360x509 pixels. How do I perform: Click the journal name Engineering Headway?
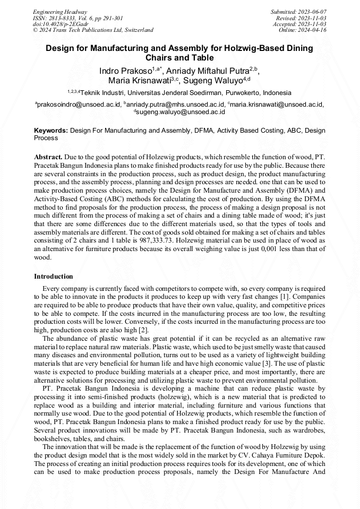pyautogui.click(x=60, y=12)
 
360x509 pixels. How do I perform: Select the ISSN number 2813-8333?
pyautogui.click(x=73, y=18)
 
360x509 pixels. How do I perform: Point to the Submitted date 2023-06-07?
pyautogui.click(x=312, y=12)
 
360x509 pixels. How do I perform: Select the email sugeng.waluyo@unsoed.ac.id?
pyautogui.click(x=181, y=112)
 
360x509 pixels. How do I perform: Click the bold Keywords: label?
pyautogui.click(x=51, y=130)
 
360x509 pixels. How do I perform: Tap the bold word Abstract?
pyautogui.click(x=48, y=158)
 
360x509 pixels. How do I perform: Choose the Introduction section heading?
pyautogui.click(x=53, y=277)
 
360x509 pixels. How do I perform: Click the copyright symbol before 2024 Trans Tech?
pyautogui.click(x=36, y=30)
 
